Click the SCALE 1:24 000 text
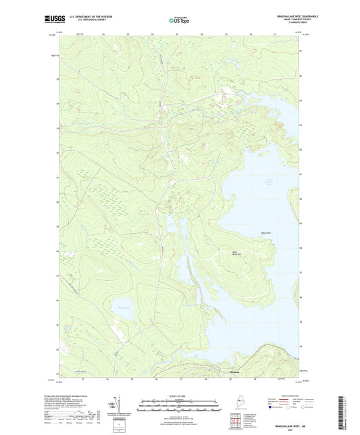tap(180, 395)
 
